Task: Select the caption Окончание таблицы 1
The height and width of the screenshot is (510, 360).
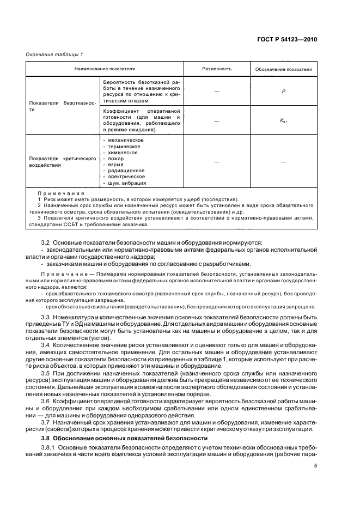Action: click(54, 53)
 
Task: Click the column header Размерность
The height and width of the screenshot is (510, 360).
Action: click(217, 69)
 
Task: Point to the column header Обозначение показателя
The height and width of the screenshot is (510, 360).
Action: click(283, 70)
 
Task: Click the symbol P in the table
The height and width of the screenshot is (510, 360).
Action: click(283, 91)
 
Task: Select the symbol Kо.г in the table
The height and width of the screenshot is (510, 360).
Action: click(283, 121)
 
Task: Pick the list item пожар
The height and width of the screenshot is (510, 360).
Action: click(116, 159)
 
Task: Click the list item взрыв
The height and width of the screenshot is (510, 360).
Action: click(116, 165)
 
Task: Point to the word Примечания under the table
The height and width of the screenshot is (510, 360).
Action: click(61, 193)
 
